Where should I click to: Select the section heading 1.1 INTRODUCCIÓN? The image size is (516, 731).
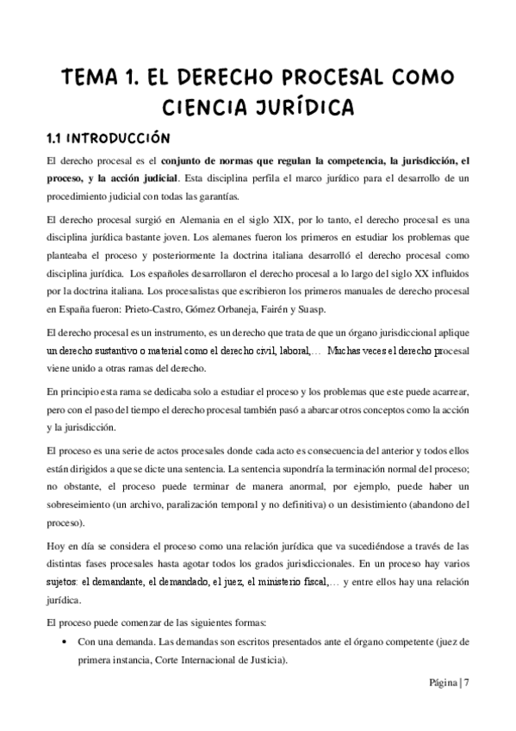[109, 138]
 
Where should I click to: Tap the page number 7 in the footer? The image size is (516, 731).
[466, 685]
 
